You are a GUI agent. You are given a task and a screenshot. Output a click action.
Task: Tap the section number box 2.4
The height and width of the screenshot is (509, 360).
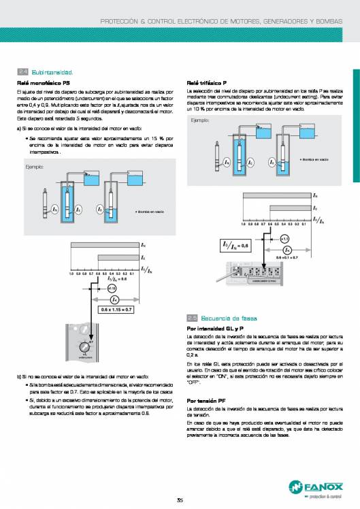coord(22,71)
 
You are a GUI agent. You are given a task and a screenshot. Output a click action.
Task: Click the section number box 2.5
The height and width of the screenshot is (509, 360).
coord(192,318)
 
